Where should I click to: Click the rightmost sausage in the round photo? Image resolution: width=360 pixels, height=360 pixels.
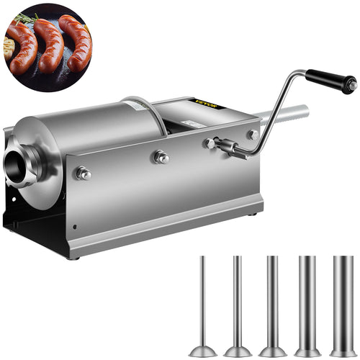tap(76, 42)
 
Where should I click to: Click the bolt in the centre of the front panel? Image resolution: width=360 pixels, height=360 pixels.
tap(161, 158)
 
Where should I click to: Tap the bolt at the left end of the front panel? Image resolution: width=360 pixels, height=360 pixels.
tap(84, 173)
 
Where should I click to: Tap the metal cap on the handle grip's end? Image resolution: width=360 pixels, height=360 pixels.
tap(351, 84)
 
